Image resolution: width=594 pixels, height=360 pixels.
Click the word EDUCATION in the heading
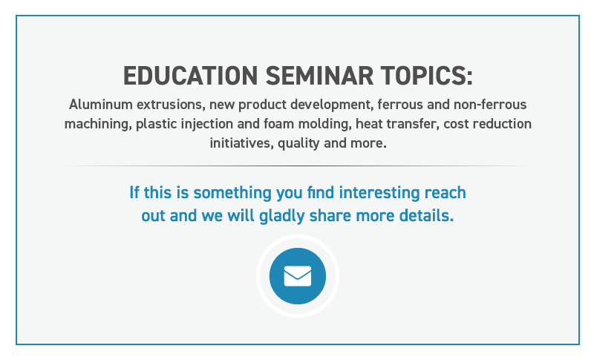(191, 76)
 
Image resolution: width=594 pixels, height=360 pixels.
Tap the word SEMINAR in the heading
(319, 76)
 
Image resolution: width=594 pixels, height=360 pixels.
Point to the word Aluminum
(101, 105)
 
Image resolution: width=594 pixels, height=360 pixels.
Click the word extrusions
(171, 105)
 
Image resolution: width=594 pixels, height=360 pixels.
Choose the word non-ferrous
(490, 105)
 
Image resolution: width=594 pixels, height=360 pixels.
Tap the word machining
(98, 125)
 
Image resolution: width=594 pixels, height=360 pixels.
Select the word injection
(207, 125)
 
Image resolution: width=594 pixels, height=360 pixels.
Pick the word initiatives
(242, 143)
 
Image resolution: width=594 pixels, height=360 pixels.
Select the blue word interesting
(379, 193)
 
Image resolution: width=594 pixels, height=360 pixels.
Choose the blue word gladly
(282, 216)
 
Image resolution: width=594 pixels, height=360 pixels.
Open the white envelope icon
(298, 276)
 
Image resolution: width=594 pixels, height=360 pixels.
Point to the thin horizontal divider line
(298, 166)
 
